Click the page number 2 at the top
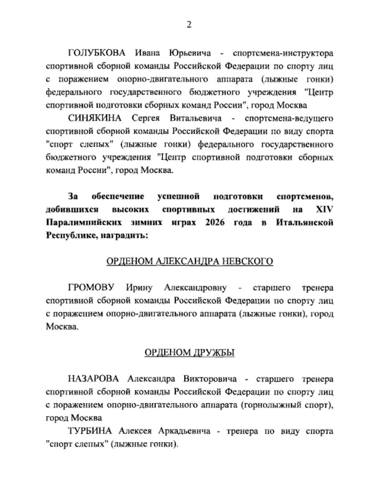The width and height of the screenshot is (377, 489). click(x=189, y=25)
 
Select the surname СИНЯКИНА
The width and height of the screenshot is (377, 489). click(x=95, y=118)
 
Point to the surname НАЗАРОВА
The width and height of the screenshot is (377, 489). click(x=94, y=379)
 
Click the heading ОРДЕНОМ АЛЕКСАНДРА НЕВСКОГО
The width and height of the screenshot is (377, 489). click(x=190, y=261)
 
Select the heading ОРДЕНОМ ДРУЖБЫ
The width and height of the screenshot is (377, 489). click(x=190, y=353)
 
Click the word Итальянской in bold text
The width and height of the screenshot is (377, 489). click(x=305, y=223)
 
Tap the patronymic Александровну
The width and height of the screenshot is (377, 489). click(x=195, y=288)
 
